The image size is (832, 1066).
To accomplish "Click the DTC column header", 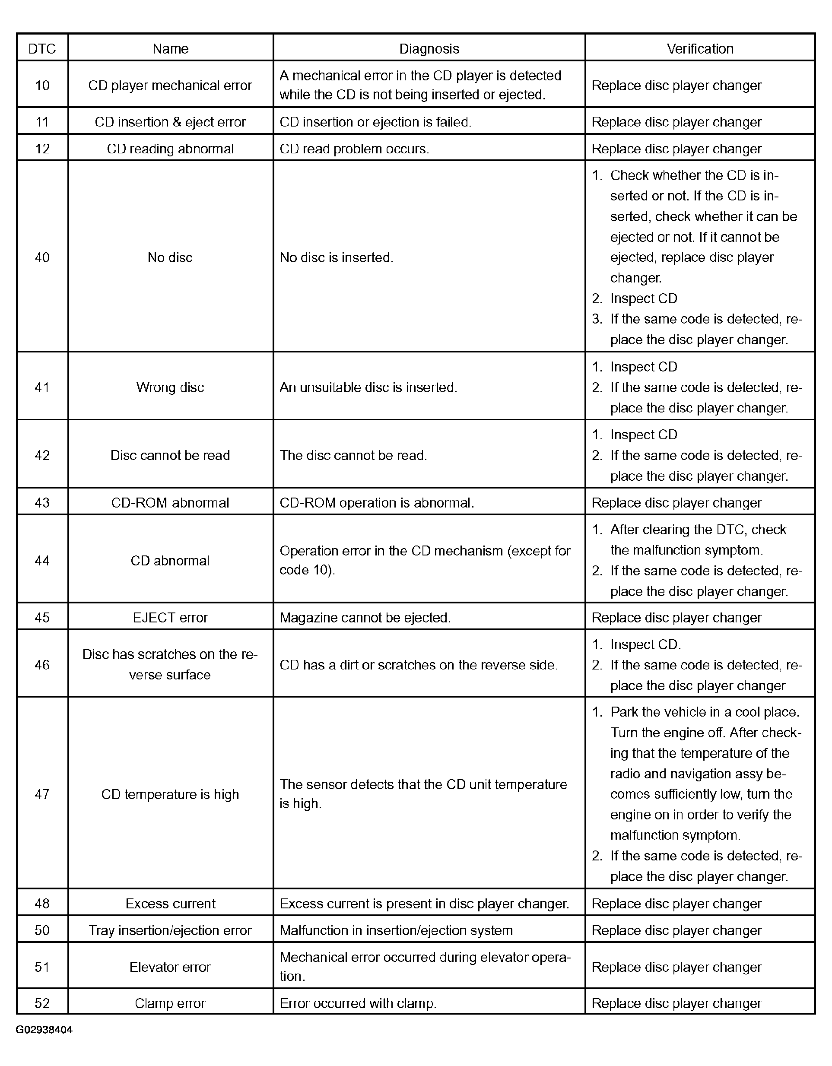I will pyautogui.click(x=42, y=49).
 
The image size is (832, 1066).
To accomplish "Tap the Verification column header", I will pyautogui.click(x=700, y=49).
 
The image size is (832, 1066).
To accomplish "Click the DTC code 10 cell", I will pyautogui.click(x=42, y=86).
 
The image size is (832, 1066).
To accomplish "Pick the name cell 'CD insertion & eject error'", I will pyautogui.click(x=170, y=122).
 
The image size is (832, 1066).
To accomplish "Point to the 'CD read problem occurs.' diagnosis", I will pyautogui.click(x=354, y=149).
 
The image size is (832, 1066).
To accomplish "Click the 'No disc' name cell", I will pyautogui.click(x=170, y=257).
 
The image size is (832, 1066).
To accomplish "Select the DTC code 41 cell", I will pyautogui.click(x=42, y=387).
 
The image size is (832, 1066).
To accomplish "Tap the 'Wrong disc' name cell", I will pyautogui.click(x=170, y=387).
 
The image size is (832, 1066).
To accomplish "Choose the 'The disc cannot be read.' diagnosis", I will pyautogui.click(x=353, y=455).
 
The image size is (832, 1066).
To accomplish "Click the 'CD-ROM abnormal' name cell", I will pyautogui.click(x=170, y=503).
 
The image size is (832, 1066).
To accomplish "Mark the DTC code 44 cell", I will pyautogui.click(x=42, y=560).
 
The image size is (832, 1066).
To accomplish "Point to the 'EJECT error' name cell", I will pyautogui.click(x=170, y=617).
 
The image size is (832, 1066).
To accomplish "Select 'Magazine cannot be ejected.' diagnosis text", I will pyautogui.click(x=365, y=617).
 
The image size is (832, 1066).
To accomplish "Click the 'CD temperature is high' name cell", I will pyautogui.click(x=170, y=794).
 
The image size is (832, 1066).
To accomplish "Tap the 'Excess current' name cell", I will pyautogui.click(x=170, y=904).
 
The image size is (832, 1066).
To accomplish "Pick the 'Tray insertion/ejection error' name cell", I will pyautogui.click(x=170, y=930).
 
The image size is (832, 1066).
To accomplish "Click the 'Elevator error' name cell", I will pyautogui.click(x=170, y=967).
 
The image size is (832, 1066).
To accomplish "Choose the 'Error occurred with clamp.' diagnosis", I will pyautogui.click(x=358, y=1003).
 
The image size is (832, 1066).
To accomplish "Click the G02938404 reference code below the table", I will pyautogui.click(x=44, y=1030).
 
